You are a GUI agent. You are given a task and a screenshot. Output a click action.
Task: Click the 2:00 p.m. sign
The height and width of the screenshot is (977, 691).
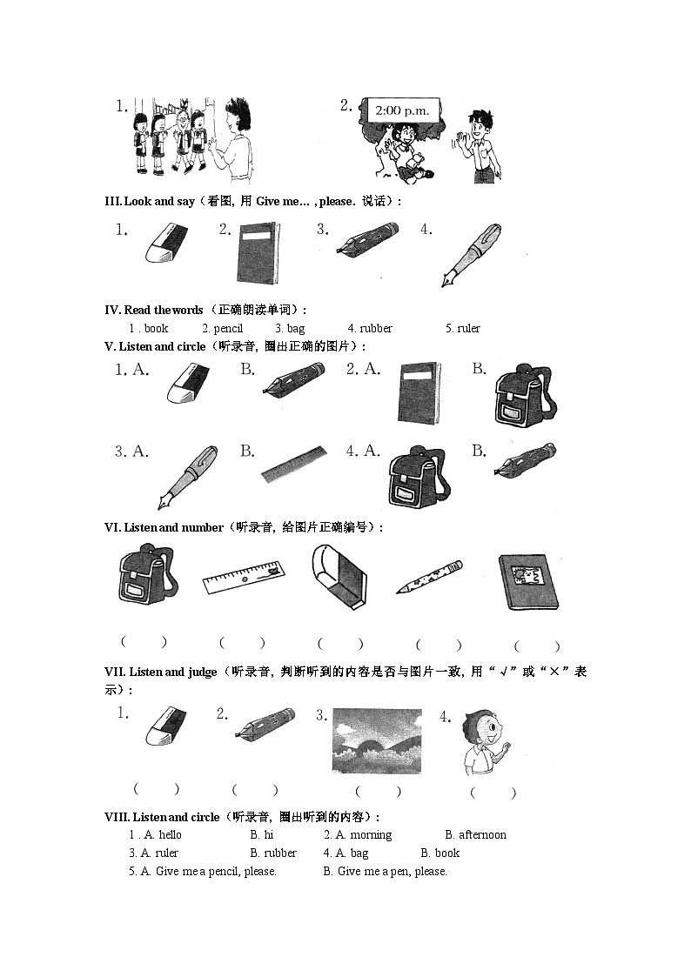403,111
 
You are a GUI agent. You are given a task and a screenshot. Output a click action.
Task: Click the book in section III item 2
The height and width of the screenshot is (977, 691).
258,252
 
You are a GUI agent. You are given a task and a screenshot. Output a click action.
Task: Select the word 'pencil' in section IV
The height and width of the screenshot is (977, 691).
222,328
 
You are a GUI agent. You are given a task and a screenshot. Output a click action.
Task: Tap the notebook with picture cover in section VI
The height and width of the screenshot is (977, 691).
528,582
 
